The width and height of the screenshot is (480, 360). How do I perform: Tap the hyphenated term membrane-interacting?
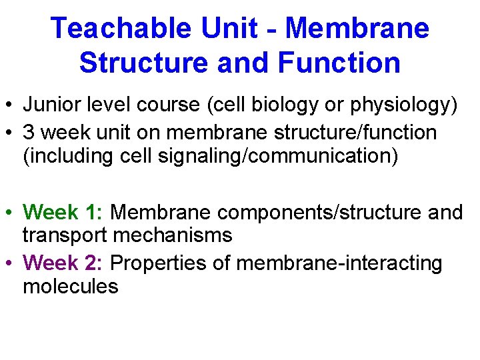339,263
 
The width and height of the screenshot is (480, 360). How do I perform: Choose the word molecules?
70,287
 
